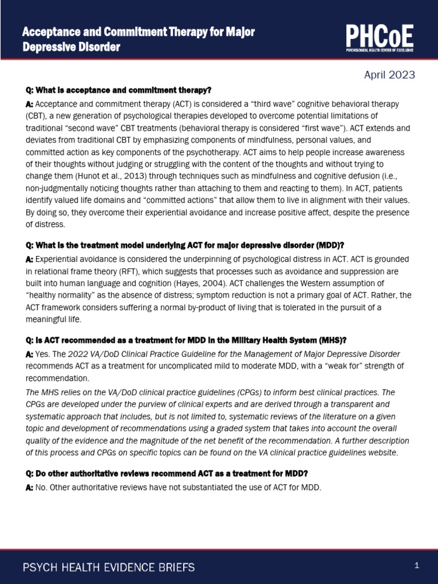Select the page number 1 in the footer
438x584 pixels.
click(x=417, y=566)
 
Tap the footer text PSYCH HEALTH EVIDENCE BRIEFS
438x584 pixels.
click(x=108, y=567)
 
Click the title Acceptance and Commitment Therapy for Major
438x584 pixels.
click(x=138, y=33)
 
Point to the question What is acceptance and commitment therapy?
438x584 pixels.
click(x=119, y=90)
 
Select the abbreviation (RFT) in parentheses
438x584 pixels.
click(x=137, y=271)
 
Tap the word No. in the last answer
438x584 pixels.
click(x=42, y=487)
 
